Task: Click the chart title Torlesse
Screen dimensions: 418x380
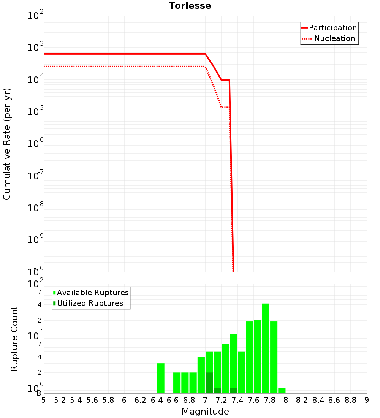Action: click(x=190, y=6)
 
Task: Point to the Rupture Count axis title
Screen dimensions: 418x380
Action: click(x=14, y=338)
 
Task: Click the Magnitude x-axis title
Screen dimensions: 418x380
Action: click(x=205, y=412)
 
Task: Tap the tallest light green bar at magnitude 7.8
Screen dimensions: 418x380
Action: click(x=266, y=348)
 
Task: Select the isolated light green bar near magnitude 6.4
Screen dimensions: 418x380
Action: click(x=161, y=378)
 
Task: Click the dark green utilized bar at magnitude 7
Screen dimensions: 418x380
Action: click(x=209, y=383)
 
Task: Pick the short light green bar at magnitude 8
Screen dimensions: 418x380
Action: click(x=282, y=391)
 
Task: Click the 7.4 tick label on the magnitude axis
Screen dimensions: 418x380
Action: click(x=237, y=400)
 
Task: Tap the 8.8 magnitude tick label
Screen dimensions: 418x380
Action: click(x=350, y=400)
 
